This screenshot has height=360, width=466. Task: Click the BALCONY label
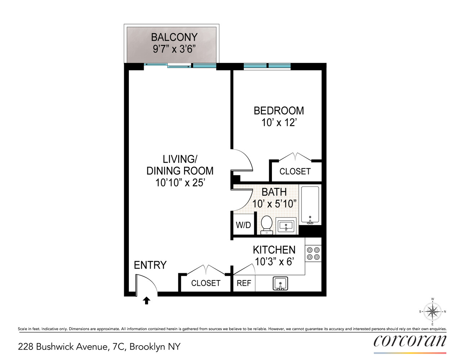point(174,37)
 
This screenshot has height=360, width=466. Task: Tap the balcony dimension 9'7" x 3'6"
point(174,49)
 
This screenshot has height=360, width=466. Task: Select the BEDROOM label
point(279,111)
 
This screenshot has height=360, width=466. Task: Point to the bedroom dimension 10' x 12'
point(279,123)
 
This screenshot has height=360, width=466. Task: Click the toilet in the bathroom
point(266,224)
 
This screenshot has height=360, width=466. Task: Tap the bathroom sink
point(286,226)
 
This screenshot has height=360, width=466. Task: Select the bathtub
point(310,205)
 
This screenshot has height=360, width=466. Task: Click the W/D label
point(243,225)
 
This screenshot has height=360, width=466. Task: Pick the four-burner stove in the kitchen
point(313,253)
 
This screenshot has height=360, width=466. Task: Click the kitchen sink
point(280,283)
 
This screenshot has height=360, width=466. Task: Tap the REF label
point(244,283)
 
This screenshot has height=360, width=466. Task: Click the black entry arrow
point(146,301)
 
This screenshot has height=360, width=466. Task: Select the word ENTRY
point(150,265)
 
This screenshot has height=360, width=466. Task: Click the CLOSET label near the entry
point(206,283)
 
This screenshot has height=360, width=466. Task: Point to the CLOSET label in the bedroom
point(295,171)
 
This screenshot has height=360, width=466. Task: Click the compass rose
point(432,311)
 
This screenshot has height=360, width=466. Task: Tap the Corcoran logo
point(410,341)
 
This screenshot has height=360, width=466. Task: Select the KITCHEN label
point(274,250)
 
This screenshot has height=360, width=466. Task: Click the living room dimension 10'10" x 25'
point(180,183)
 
